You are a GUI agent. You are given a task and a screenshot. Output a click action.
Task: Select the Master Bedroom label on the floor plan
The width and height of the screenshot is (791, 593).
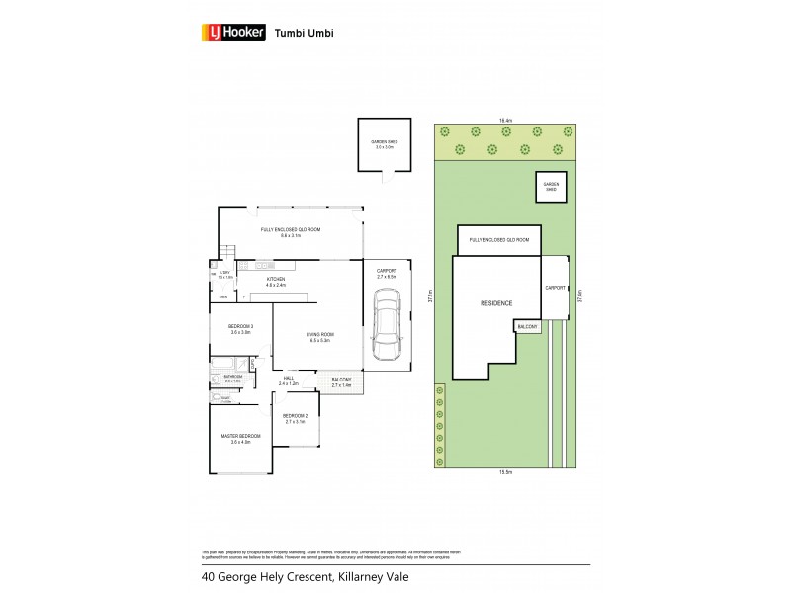click(240, 439)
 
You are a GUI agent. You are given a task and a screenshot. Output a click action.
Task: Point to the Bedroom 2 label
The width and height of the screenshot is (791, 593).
click(295, 418)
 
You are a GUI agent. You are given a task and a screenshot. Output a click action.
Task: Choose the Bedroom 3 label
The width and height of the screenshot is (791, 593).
click(240, 330)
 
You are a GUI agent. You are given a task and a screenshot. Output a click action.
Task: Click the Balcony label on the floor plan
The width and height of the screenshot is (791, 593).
click(340, 381)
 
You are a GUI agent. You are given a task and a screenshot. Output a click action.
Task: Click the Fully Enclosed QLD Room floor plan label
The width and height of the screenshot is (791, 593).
click(291, 231)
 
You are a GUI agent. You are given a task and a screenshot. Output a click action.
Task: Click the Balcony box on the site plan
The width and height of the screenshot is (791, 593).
click(525, 325)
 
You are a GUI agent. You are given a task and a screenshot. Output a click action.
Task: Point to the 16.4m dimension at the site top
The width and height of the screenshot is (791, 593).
click(505, 120)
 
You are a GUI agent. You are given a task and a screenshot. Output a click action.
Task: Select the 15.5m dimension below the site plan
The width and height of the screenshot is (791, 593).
click(505, 472)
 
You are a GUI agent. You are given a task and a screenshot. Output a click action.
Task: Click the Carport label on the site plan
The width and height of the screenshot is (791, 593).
click(556, 288)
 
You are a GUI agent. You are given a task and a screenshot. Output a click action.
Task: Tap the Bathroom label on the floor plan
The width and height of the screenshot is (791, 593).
click(232, 378)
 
